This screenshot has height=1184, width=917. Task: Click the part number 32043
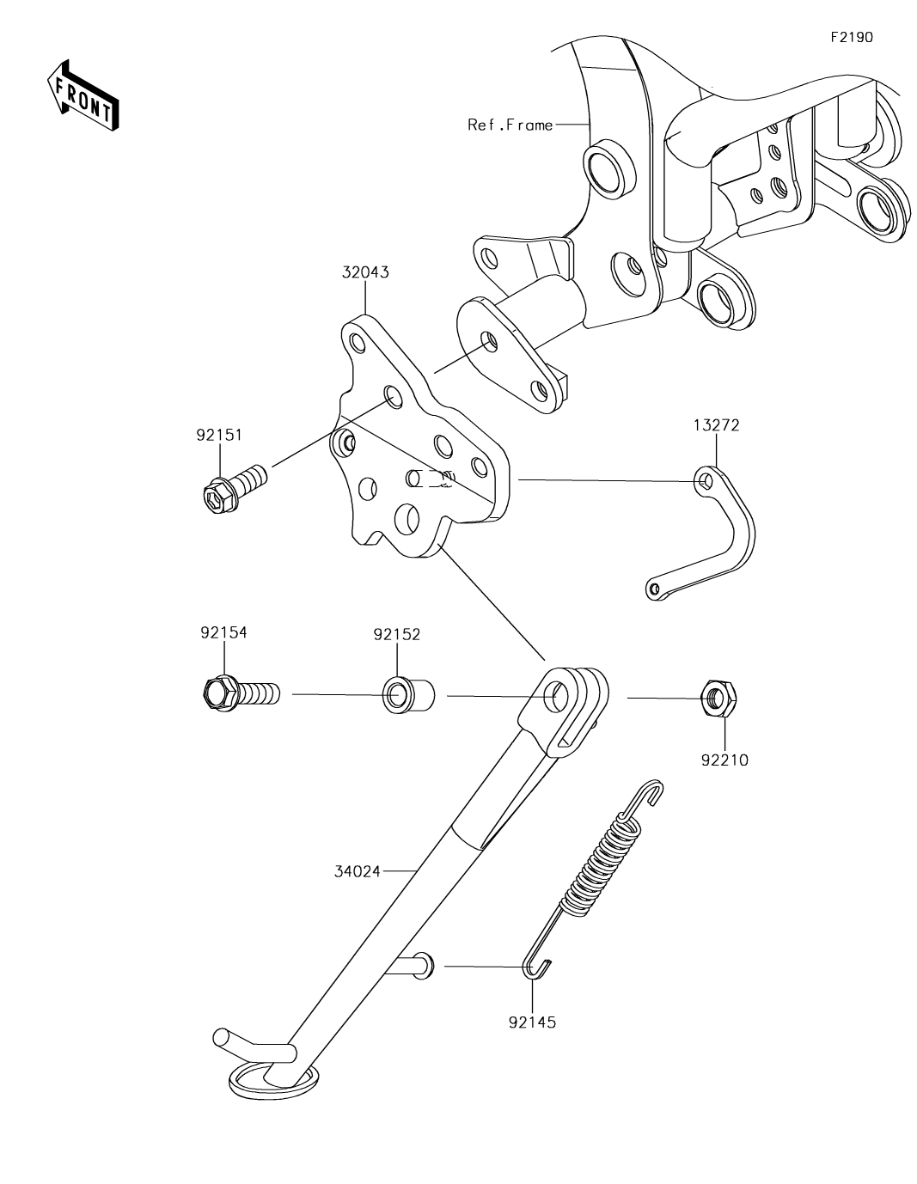pos(366,273)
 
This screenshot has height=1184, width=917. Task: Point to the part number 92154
pos(223,632)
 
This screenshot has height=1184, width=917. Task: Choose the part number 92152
pos(396,634)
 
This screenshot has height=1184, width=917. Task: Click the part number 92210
pos(725,760)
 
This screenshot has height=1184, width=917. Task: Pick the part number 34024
pos(358,871)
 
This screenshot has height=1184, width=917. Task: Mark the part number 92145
pos(533,1022)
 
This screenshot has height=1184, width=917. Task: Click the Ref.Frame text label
pos(510,125)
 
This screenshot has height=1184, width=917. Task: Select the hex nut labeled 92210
pos(719,698)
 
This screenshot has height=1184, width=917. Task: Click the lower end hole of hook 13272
pos(655,589)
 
